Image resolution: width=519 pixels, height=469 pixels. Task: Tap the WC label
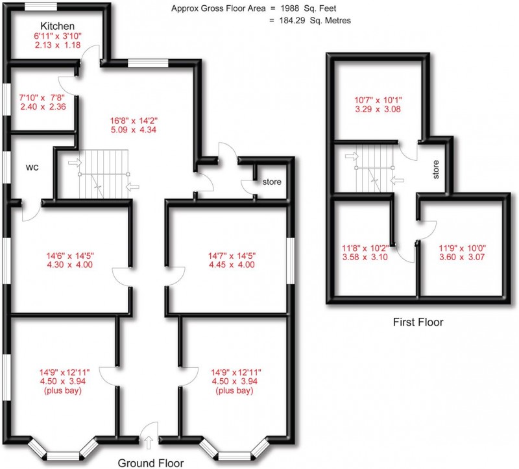pyautogui.click(x=33, y=167)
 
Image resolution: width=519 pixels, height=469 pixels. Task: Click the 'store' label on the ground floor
pyautogui.click(x=272, y=182)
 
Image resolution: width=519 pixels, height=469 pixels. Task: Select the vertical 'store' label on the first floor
pyautogui.click(x=437, y=170)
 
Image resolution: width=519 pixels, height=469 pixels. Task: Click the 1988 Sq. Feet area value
pyautogui.click(x=318, y=8)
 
